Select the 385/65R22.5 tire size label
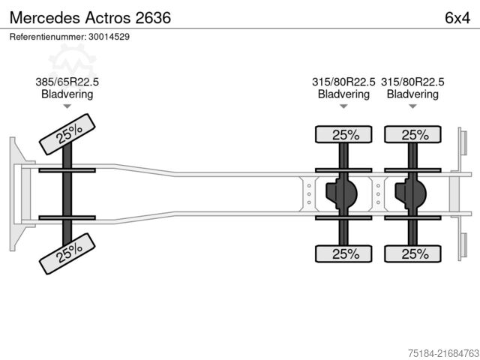click(x=67, y=82)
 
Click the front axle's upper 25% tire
click(x=67, y=133)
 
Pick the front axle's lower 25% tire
click(x=67, y=254)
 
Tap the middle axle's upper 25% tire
click(x=343, y=135)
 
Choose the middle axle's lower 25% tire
click(x=343, y=253)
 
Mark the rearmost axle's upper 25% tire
click(x=412, y=135)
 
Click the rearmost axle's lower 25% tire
click(x=412, y=253)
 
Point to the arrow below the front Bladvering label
click(x=67, y=106)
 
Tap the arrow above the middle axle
click(x=343, y=106)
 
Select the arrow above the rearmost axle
click(x=412, y=106)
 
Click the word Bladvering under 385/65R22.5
click(x=67, y=94)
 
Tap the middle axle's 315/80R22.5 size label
click(x=343, y=82)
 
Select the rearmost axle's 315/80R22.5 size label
click(x=412, y=82)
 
